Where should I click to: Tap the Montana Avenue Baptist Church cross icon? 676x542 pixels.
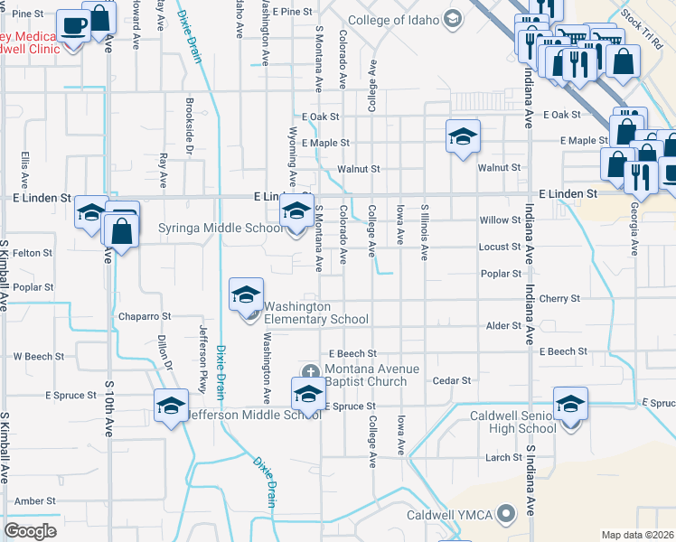(x=311, y=371)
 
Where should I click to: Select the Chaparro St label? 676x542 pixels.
(x=145, y=317)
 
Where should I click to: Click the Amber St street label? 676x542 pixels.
(x=35, y=500)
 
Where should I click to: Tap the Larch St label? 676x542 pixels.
(x=504, y=457)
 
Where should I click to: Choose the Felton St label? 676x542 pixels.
(x=33, y=254)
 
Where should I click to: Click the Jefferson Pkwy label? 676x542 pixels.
(x=203, y=357)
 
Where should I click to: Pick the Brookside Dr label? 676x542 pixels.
(x=189, y=125)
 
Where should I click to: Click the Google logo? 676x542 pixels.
(x=31, y=531)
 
